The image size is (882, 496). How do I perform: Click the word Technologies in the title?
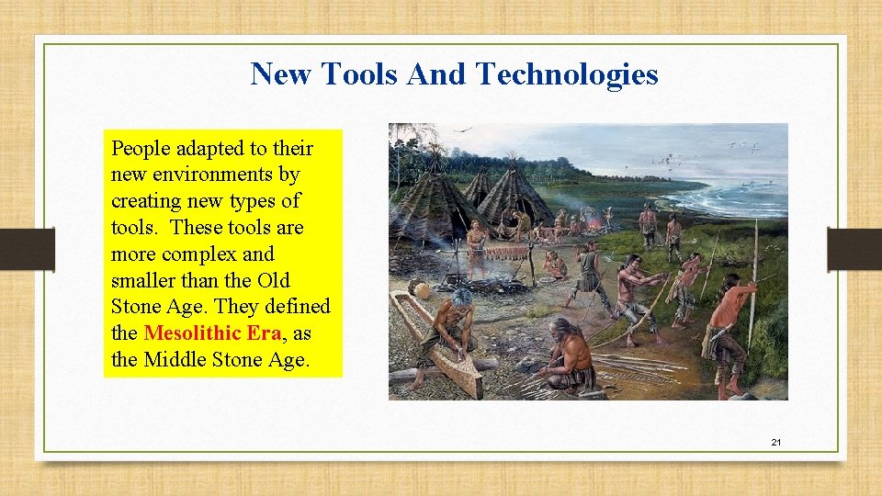tap(567, 73)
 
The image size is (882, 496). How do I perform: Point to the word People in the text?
tap(140, 149)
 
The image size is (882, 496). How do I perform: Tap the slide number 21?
tap(776, 443)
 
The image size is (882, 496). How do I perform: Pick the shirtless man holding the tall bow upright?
tap(733, 321)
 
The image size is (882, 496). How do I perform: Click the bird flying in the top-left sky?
tap(469, 130)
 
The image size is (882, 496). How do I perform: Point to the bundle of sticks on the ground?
tap(643, 369)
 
